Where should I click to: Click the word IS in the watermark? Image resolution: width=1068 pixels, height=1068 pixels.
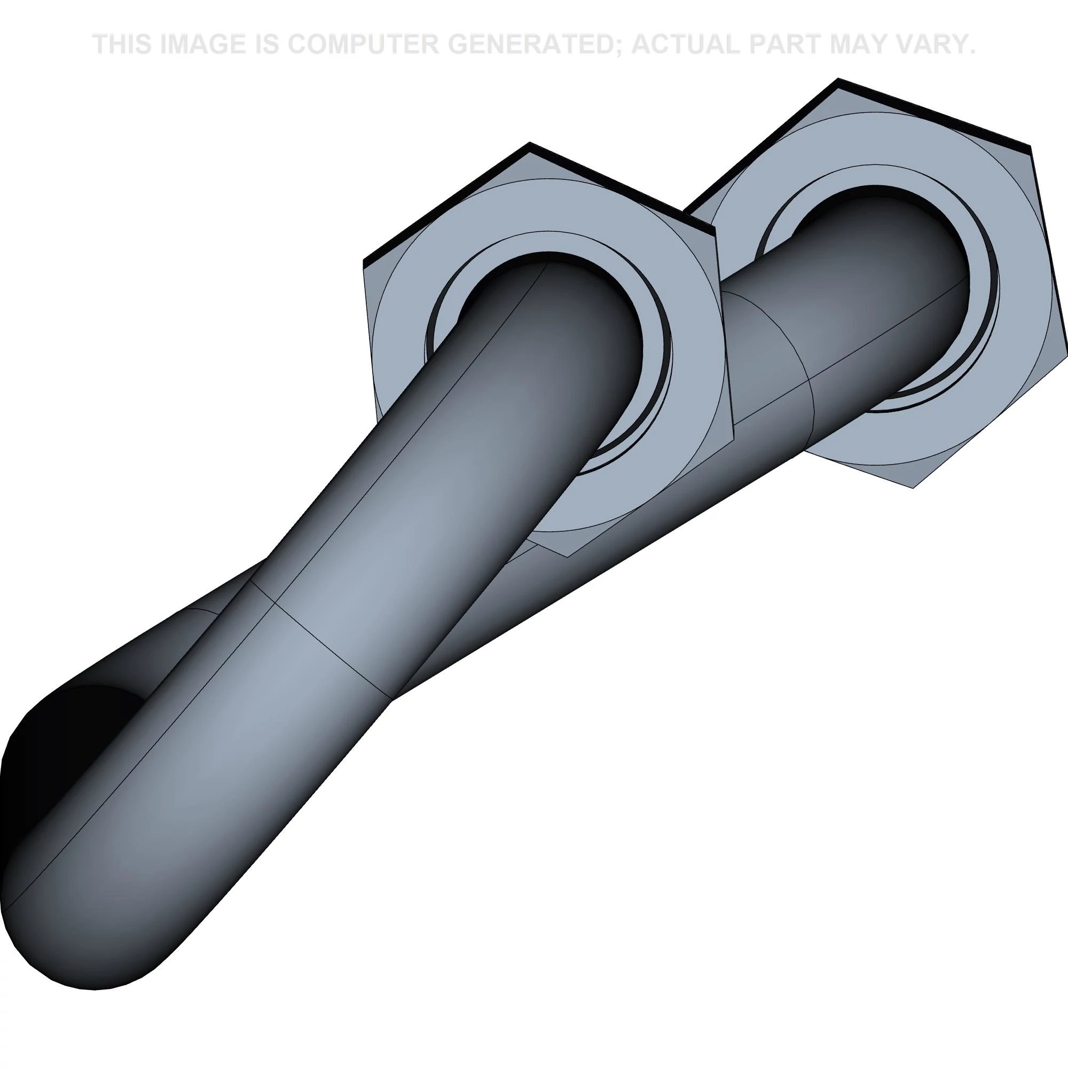tap(269, 45)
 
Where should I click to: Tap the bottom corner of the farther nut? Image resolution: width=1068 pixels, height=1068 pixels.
tap(913, 487)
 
